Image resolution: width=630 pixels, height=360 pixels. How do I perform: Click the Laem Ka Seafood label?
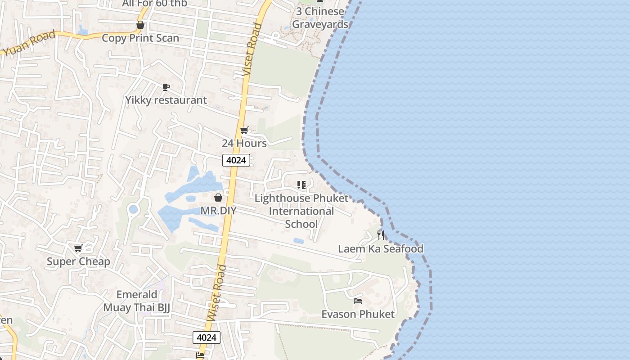(x=380, y=249)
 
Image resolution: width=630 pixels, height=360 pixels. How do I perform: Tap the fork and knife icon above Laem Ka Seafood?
(x=381, y=235)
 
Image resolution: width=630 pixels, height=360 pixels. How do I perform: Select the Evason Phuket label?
(x=358, y=314)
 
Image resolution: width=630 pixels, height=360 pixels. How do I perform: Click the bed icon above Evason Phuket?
(x=358, y=301)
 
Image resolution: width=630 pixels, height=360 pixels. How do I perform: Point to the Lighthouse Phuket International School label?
(x=301, y=211)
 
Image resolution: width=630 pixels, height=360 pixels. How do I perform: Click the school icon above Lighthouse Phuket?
(x=301, y=184)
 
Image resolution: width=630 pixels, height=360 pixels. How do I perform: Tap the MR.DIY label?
(x=218, y=211)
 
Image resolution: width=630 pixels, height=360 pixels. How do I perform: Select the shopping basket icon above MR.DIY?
(x=218, y=198)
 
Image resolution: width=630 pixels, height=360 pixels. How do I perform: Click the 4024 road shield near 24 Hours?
(x=236, y=160)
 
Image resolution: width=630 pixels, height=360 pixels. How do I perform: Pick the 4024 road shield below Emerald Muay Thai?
(x=207, y=337)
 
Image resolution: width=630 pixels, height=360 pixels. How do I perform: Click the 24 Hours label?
(x=244, y=143)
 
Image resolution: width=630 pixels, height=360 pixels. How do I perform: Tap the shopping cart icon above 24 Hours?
(x=244, y=130)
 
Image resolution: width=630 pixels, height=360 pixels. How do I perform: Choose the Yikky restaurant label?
(x=166, y=100)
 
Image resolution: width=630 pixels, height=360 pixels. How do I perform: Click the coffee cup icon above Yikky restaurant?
(x=166, y=87)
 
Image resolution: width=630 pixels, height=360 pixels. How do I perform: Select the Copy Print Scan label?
(x=140, y=38)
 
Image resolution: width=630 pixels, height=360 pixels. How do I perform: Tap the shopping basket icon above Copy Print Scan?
(x=140, y=25)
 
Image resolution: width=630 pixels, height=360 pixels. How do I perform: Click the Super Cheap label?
(x=78, y=261)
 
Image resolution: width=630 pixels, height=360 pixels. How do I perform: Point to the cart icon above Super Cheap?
(x=78, y=248)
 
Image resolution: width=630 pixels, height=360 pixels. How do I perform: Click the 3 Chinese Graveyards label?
(x=320, y=18)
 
